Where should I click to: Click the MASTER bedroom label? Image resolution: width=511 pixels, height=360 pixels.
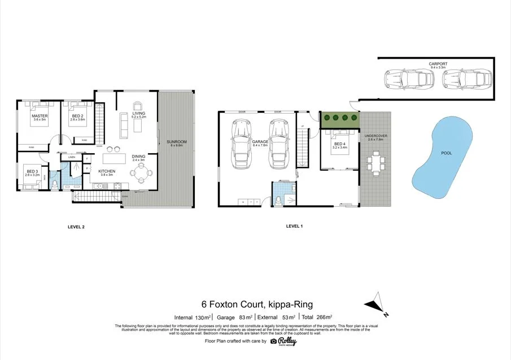[x=40, y=116]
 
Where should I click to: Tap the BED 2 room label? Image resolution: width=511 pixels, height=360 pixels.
[x=77, y=116]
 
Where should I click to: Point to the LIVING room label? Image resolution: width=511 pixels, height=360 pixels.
[x=139, y=114]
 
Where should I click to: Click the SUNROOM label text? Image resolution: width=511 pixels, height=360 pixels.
[x=178, y=142]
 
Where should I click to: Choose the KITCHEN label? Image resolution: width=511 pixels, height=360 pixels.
[x=107, y=171]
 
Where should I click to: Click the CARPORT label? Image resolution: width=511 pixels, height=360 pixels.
[x=438, y=64]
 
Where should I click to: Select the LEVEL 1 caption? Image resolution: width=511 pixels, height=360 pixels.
[x=294, y=226]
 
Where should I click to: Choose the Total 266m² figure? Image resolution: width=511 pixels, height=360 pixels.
[x=318, y=317]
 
